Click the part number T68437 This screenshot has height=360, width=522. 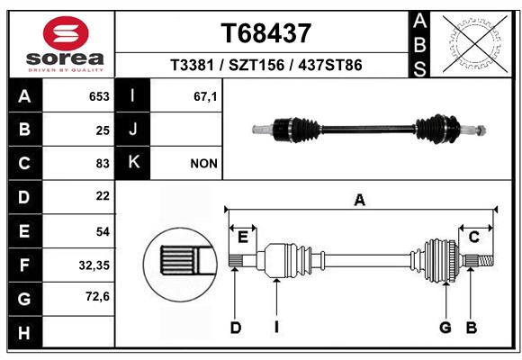pos(266,33)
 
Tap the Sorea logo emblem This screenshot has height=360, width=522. pos(66,34)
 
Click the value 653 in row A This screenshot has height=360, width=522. pos(98,96)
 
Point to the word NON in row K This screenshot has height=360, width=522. pos(203,163)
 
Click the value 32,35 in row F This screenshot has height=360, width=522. pos(94,265)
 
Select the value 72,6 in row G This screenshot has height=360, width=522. pos(96,297)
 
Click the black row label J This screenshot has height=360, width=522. pos(133,130)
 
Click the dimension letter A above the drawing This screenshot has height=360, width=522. pos(360,201)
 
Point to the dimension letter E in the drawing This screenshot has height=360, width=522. pos(242,237)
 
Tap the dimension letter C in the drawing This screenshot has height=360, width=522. pos(473,237)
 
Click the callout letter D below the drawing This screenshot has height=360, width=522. pos(235,328)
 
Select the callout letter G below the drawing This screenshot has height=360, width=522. pos(445,328)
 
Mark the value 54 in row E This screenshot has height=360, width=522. pos(102,231)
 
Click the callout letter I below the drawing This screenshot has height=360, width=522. pos(277,328)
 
